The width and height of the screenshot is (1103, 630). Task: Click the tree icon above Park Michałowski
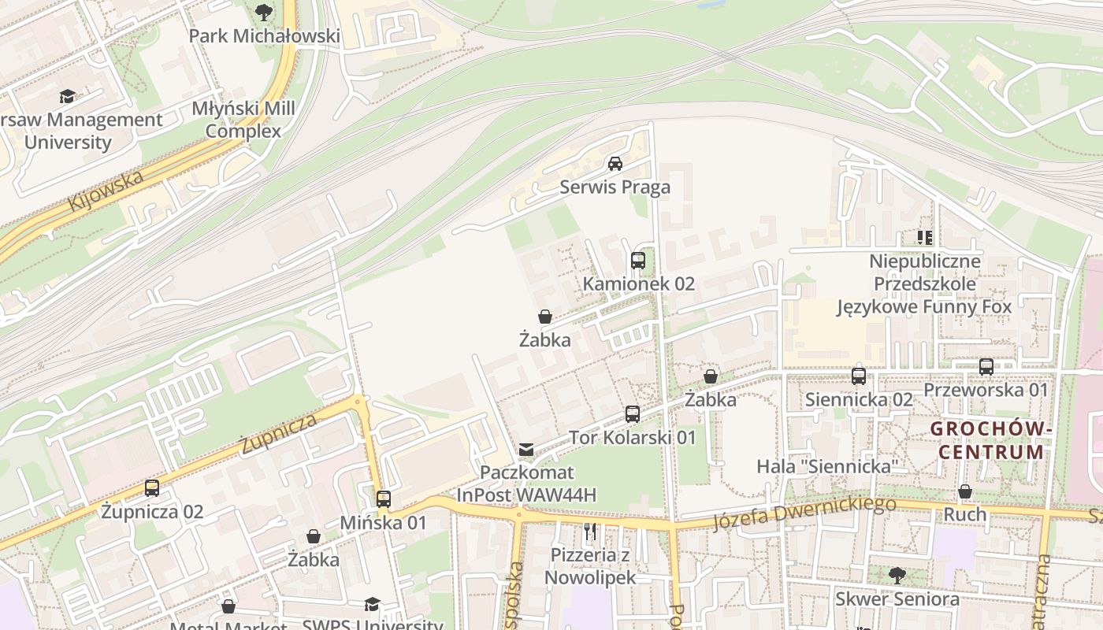point(264,12)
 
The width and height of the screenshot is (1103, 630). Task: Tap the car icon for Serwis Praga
point(615,164)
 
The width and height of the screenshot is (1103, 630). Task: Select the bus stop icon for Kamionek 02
point(638,261)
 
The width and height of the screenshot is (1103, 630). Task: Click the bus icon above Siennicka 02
point(859,376)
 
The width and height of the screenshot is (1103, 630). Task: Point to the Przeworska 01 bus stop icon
point(986,367)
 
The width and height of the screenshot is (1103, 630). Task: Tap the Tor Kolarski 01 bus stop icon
point(633,414)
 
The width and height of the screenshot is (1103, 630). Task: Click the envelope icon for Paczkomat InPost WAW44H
point(526,450)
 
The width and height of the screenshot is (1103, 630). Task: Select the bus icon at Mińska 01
point(384,499)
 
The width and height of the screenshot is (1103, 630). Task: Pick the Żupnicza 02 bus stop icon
point(152,488)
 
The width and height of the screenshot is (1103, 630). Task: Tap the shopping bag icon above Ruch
point(965,492)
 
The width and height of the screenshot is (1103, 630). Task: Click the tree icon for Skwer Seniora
point(897,576)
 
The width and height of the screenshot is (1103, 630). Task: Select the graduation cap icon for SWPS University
point(372,604)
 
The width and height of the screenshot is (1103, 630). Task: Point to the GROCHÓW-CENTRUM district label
point(991,440)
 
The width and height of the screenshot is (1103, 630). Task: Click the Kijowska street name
point(106,190)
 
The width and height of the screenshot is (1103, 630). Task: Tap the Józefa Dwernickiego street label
point(804,512)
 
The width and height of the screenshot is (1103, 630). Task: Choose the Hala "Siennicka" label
point(827,466)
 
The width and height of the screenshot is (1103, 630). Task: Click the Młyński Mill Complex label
point(243,120)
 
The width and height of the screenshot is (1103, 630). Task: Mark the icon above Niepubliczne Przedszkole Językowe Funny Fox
point(925,237)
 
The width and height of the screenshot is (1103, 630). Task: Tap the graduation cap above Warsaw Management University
point(67,97)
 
